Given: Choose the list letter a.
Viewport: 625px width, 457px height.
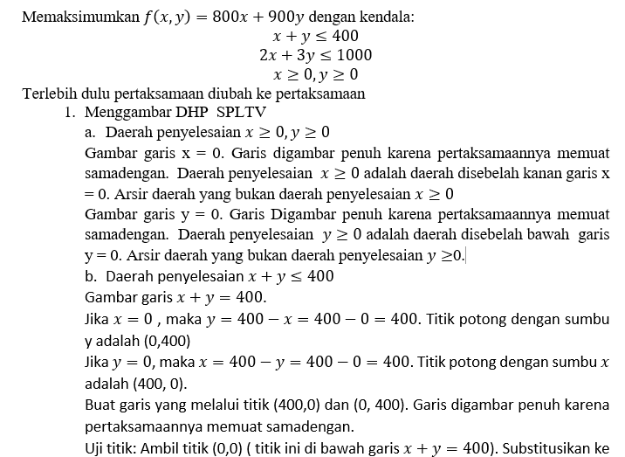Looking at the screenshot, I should pyautogui.click(x=90, y=133).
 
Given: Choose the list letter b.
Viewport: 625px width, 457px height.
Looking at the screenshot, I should pyautogui.click(x=91, y=276).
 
